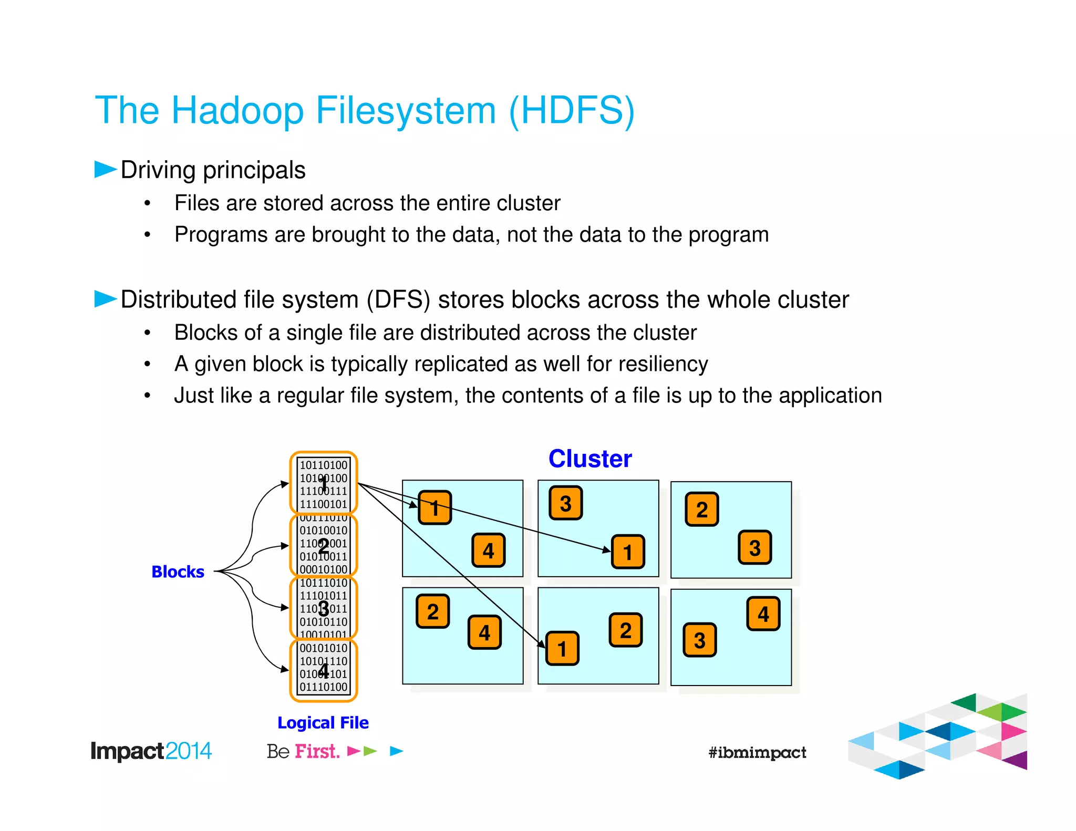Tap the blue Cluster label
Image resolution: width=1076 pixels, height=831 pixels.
589,459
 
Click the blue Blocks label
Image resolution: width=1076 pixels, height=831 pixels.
178,572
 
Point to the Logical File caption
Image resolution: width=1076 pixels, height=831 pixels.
323,723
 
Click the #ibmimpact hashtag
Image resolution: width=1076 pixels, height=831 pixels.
757,752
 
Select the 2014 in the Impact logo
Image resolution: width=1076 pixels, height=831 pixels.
188,751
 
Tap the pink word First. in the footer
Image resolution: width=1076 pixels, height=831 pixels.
317,751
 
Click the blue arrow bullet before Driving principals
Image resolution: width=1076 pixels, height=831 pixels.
105,169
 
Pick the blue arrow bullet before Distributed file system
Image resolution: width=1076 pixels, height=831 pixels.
105,298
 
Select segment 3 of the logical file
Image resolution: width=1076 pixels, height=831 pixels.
324,608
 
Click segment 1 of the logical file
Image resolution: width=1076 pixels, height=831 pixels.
324,483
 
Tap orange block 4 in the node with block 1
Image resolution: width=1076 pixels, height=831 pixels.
488,550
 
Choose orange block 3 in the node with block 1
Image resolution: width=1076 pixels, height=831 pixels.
565,503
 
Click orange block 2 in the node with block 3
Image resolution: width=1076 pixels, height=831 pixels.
702,509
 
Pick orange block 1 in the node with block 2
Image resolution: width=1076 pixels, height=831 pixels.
562,649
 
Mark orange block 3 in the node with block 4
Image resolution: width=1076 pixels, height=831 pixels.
699,640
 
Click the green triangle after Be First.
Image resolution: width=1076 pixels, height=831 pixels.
370,751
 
